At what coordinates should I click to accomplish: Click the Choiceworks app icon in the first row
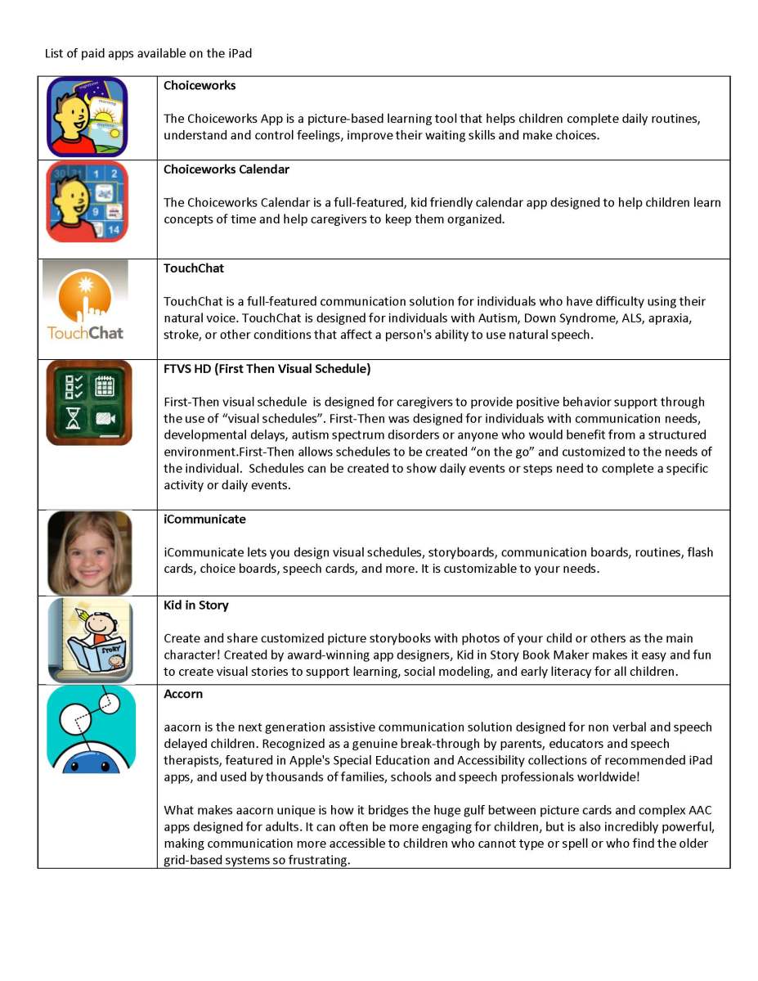[87, 117]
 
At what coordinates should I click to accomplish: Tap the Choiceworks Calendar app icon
[87, 202]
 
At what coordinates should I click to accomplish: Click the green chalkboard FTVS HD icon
[89, 403]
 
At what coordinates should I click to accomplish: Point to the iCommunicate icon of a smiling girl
[89, 552]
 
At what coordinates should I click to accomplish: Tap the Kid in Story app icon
[90, 640]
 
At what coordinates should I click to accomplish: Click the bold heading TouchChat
[194, 268]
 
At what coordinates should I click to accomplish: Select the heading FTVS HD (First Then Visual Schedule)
[267, 369]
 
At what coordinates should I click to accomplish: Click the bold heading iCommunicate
[204, 520]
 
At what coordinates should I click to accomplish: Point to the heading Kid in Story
[196, 605]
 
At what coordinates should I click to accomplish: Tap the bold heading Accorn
[183, 694]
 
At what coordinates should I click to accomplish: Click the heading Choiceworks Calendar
[227, 169]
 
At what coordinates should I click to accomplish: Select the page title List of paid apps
[148, 54]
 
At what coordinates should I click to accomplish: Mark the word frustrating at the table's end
[321, 860]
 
